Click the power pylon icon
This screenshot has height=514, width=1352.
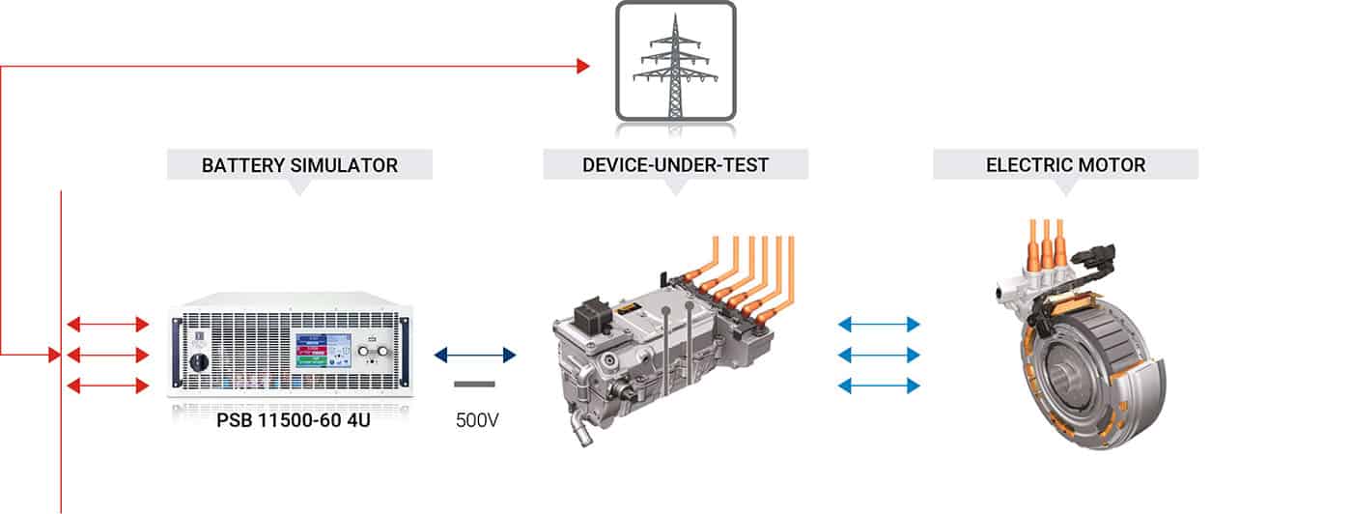675,61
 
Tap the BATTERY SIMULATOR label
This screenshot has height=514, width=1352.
299,165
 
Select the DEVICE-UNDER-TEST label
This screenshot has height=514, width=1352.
675,165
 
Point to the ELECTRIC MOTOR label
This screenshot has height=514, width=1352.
1065,165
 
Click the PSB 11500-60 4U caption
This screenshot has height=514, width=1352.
294,420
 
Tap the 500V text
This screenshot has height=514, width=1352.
477,420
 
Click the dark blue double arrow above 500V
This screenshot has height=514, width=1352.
475,356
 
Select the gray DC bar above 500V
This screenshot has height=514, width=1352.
474,385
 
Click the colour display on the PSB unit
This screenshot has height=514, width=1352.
323,351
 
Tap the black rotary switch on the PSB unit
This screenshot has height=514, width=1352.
199,362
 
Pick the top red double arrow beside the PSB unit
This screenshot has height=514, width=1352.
108,325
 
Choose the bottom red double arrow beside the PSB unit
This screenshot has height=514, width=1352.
108,385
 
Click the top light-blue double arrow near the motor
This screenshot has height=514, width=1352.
879,325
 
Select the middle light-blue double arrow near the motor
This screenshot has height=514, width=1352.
879,356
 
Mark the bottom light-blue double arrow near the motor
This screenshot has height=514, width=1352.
879,385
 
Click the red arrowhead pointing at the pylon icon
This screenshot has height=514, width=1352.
583,66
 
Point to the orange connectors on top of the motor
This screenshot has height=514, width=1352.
1047,245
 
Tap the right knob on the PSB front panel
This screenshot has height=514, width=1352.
382,351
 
